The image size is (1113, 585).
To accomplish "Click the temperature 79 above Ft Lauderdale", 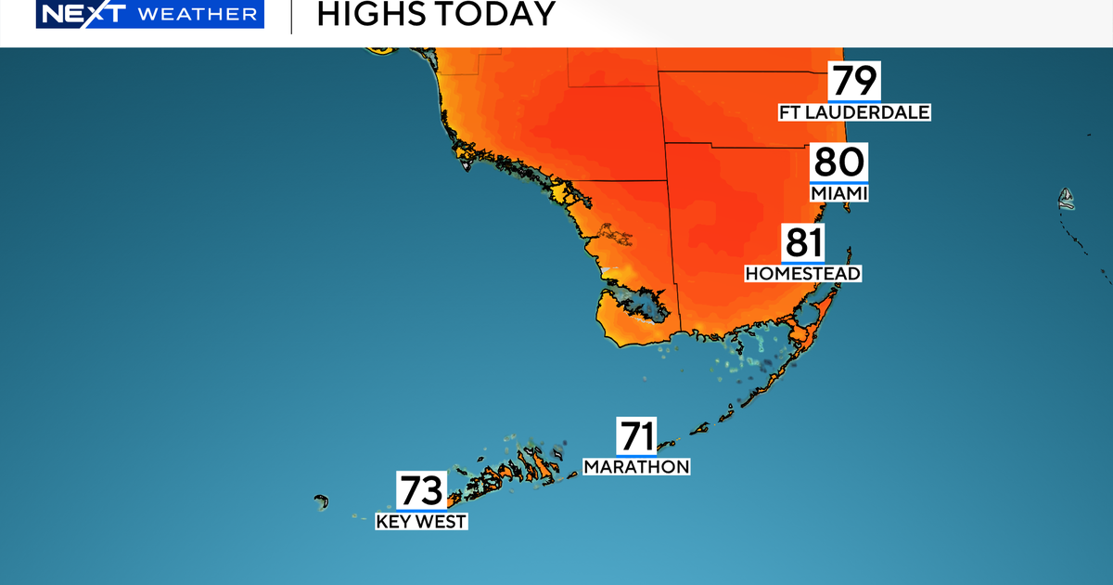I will click(854, 81).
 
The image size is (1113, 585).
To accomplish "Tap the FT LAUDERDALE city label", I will click(854, 112).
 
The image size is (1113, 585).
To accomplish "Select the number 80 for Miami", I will click(838, 162).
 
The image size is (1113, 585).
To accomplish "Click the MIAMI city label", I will click(838, 193).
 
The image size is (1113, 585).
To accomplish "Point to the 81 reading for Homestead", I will click(803, 242).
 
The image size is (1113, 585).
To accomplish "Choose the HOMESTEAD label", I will click(803, 273).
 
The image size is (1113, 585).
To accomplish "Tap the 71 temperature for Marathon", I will click(636, 435).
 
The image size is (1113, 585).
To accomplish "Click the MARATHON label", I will click(636, 466).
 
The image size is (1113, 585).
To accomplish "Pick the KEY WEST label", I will click(421, 522).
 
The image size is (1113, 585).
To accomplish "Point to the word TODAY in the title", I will click(493, 14).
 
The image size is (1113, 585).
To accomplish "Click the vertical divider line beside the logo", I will click(291, 16).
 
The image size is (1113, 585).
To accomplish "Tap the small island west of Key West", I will click(322, 501).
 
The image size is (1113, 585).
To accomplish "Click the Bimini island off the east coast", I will click(1067, 197).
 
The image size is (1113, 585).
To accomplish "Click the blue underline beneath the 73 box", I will click(422, 510).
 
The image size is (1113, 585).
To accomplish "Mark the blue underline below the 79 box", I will click(854, 100).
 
